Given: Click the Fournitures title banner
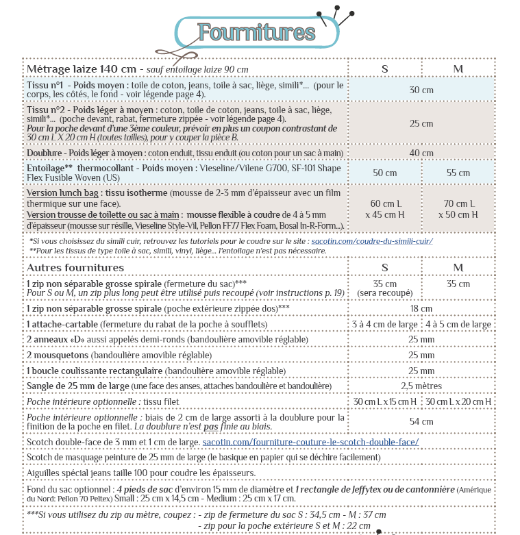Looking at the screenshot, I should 257,32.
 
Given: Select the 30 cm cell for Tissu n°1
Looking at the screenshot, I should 421,90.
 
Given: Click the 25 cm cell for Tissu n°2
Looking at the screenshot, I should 421,123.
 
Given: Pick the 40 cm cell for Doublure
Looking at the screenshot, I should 421,152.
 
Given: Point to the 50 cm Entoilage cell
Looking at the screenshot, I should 384,173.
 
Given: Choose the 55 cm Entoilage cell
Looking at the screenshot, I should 458,173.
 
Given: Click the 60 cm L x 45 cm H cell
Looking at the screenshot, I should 384,209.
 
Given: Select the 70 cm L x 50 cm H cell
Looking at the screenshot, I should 458,209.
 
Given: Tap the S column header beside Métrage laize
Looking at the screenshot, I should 384,69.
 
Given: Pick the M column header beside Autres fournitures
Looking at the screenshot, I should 458,266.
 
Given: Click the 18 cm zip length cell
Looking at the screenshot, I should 421,308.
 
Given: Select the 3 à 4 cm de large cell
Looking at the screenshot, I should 384,324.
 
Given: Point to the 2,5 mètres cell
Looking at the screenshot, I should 421,386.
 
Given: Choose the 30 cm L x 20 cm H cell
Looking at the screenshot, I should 458,401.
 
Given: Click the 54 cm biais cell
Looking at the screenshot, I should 421,421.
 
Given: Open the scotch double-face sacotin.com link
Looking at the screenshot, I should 310,443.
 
